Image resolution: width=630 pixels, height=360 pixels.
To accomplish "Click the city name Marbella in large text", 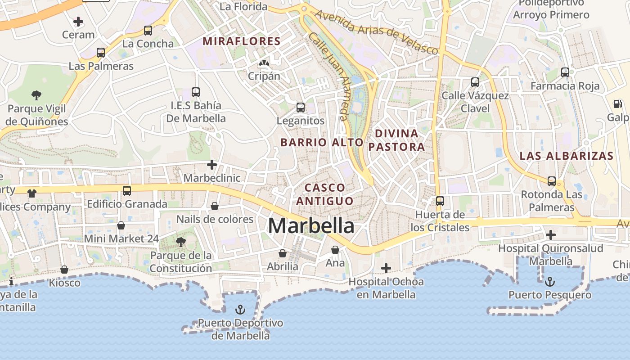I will (x=311, y=225).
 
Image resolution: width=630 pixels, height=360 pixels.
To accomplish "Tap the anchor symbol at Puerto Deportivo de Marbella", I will (x=240, y=310).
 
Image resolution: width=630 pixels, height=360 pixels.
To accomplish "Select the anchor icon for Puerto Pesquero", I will (x=549, y=282).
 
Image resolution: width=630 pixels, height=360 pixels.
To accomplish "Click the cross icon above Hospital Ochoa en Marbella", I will (x=386, y=268).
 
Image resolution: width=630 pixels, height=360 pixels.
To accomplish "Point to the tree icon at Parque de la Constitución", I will (x=180, y=242).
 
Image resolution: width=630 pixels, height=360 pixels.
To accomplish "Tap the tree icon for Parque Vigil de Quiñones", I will (x=36, y=95).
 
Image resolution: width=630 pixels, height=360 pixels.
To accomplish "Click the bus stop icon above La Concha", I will (x=148, y=31).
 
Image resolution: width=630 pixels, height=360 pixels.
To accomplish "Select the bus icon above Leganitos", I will (x=300, y=108).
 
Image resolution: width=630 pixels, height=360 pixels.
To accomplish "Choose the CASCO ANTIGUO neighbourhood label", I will (x=325, y=194).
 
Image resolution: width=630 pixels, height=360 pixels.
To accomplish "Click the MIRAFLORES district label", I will (x=242, y=41).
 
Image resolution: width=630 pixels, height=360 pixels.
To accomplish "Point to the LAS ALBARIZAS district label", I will (x=567, y=156).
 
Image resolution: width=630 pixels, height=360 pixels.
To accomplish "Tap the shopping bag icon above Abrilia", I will (x=283, y=253).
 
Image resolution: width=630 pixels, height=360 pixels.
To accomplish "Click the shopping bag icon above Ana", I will (x=335, y=249).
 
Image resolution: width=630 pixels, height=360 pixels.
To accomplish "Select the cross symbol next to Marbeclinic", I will (x=212, y=165).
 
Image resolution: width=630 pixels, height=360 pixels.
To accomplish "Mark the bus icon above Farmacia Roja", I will (x=565, y=72).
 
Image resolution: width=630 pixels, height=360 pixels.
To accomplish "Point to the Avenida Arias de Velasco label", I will (x=376, y=31).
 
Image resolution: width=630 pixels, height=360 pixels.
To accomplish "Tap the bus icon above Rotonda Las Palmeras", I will (x=551, y=181).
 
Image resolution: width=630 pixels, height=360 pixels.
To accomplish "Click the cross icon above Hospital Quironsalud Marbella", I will (x=550, y=235).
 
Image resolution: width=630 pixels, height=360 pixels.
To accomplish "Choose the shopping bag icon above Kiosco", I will (x=64, y=270).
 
